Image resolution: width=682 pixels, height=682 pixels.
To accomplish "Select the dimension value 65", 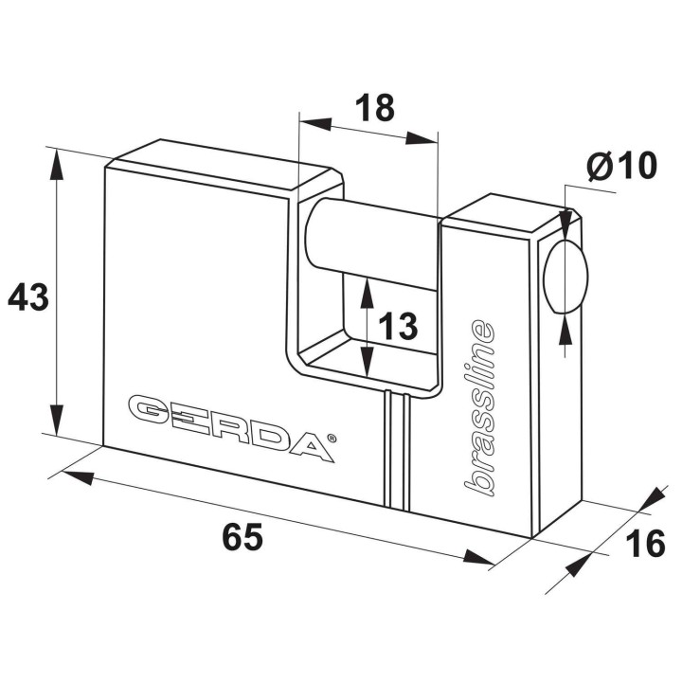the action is [242, 536].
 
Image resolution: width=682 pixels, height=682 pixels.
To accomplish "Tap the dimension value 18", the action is [375, 107].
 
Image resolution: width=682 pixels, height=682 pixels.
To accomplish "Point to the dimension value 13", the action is [398, 326].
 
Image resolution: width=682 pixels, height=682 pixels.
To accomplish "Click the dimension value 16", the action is [645, 543].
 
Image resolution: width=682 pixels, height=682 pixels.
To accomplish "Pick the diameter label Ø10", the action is [621, 165].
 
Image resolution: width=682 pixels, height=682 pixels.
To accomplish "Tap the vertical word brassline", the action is [479, 407].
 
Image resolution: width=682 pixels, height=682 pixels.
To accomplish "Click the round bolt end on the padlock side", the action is [565, 276].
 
